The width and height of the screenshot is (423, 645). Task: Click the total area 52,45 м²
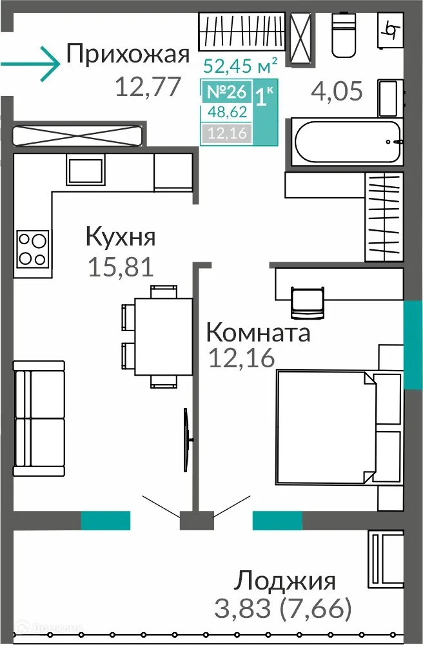point(241,65)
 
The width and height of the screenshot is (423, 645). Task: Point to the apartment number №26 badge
point(226,92)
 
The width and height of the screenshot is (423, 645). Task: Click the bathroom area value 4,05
point(337,91)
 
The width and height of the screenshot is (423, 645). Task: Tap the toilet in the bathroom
point(344,35)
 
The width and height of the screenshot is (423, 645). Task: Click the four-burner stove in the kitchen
point(32,249)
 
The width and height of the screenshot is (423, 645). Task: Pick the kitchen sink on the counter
point(84,171)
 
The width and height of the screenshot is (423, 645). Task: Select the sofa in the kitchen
point(39,419)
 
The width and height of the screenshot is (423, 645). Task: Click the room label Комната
point(258,332)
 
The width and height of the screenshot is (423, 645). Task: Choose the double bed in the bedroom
point(329,428)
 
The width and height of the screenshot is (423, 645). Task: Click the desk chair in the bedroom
point(306,302)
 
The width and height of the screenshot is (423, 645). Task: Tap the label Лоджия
point(284,581)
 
